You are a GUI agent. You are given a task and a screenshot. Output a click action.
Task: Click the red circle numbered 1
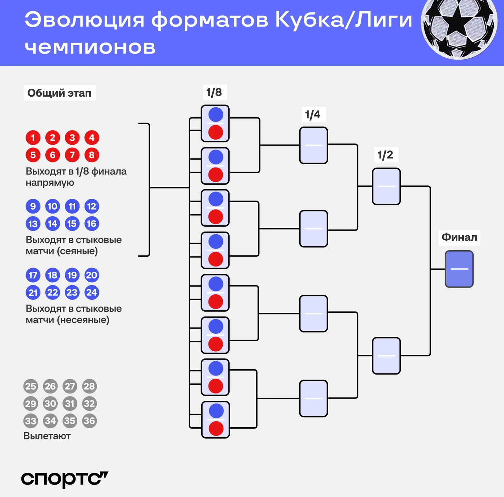(33, 138)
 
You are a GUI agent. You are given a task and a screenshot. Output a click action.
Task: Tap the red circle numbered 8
(92, 155)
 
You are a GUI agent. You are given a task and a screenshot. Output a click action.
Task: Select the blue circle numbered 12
(92, 206)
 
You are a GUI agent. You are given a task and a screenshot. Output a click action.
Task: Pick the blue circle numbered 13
(33, 224)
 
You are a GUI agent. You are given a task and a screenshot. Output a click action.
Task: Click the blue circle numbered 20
(92, 275)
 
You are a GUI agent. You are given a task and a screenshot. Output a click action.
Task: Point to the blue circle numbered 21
(33, 293)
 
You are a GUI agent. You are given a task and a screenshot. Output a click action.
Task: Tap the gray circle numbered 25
(31, 386)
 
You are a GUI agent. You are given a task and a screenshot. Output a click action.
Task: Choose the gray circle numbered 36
(89, 421)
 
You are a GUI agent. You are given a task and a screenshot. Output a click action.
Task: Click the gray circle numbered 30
(50, 403)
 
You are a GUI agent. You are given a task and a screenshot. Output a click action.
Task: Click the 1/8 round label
(214, 92)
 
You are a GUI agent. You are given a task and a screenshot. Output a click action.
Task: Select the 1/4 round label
(313, 115)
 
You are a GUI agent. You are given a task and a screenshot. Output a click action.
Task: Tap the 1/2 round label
(385, 155)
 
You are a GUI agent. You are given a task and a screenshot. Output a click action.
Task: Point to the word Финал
(459, 237)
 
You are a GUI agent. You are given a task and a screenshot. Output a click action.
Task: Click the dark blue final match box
(459, 269)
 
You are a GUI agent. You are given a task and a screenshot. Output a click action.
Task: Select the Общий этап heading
(59, 93)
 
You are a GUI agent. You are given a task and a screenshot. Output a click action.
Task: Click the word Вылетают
(47, 436)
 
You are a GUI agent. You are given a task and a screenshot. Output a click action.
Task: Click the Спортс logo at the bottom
(65, 479)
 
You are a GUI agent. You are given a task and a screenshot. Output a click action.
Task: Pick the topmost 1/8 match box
(215, 123)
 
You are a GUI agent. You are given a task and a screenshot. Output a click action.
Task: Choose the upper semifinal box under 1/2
(386, 186)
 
